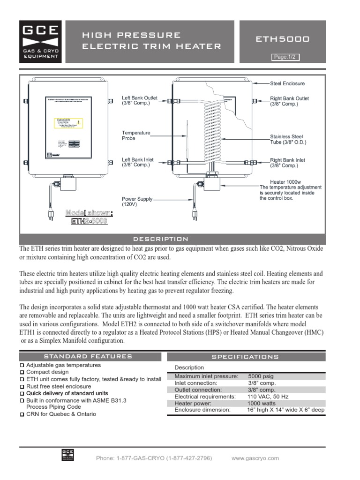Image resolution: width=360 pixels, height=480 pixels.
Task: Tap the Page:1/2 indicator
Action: [x=285, y=57]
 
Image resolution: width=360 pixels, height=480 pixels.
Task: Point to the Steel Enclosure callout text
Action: [x=287, y=83]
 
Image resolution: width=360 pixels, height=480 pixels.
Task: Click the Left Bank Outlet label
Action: [x=139, y=100]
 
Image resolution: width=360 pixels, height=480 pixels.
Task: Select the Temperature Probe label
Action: [x=136, y=135]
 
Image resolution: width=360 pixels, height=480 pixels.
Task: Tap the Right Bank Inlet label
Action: [x=287, y=163]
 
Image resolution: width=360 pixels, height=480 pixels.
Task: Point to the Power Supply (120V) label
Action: [x=137, y=202]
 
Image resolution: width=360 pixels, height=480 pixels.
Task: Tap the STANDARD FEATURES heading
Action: [x=88, y=356]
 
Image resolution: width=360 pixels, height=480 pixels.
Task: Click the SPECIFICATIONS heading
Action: [x=245, y=357]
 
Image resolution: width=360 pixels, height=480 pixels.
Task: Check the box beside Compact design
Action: [x=22, y=372]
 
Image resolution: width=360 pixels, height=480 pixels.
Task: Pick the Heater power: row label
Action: [x=193, y=403]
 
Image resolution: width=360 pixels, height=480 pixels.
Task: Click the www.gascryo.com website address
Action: [x=255, y=458]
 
